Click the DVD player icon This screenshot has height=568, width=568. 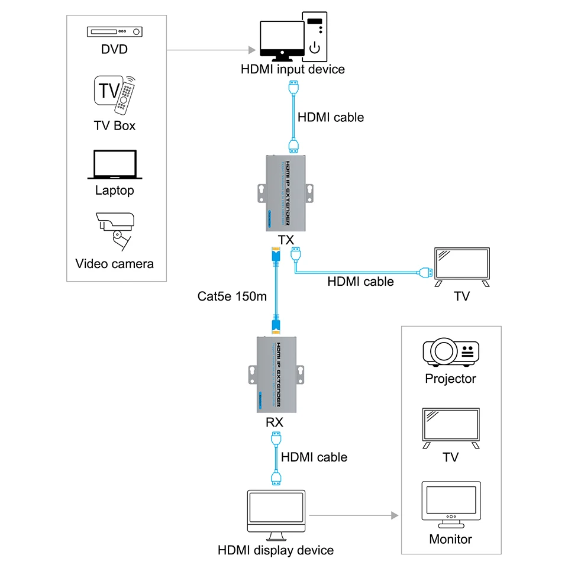[114, 32]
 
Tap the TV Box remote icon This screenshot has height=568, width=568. [115, 93]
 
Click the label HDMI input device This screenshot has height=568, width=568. [292, 69]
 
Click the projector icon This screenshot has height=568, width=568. [450, 353]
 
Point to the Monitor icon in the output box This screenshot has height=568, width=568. [450, 505]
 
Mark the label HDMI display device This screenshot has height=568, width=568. [276, 550]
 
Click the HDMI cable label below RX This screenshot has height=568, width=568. [314, 457]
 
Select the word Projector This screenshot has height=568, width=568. [450, 379]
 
